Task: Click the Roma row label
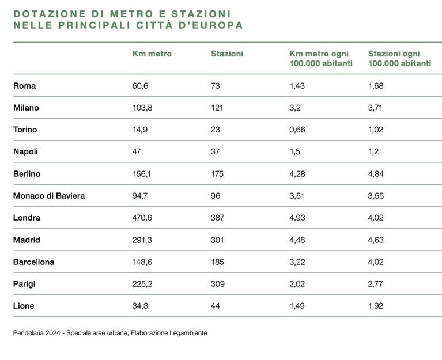coord(25,86)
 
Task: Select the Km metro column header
coord(152,54)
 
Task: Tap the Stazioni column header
coord(227,54)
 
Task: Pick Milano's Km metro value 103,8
coord(142,108)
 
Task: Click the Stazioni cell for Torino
coord(216,130)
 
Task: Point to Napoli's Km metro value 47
coord(137,151)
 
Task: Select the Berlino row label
coord(27,174)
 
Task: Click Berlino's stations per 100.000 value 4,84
coord(376,174)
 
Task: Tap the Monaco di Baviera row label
coord(49,196)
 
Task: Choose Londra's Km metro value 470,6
coord(142,218)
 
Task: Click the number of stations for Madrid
coord(217,240)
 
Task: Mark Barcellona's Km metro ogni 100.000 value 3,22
coord(297,262)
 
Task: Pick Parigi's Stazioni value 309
coord(218,284)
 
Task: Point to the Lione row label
coord(24,306)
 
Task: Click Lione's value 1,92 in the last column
coord(376,306)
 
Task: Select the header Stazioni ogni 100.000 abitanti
coord(400,58)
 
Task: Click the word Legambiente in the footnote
coord(188,333)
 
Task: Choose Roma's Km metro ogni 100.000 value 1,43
coord(297,86)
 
